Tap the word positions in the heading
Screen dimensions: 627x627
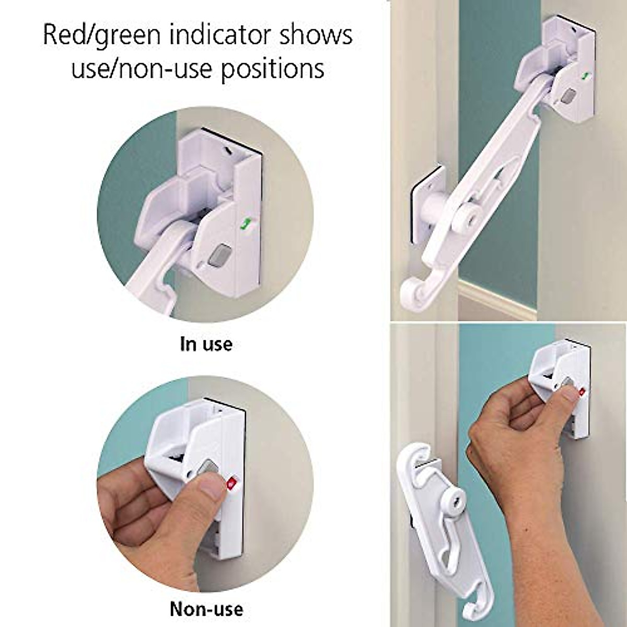(x=272, y=69)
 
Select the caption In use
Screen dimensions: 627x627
(x=206, y=345)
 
